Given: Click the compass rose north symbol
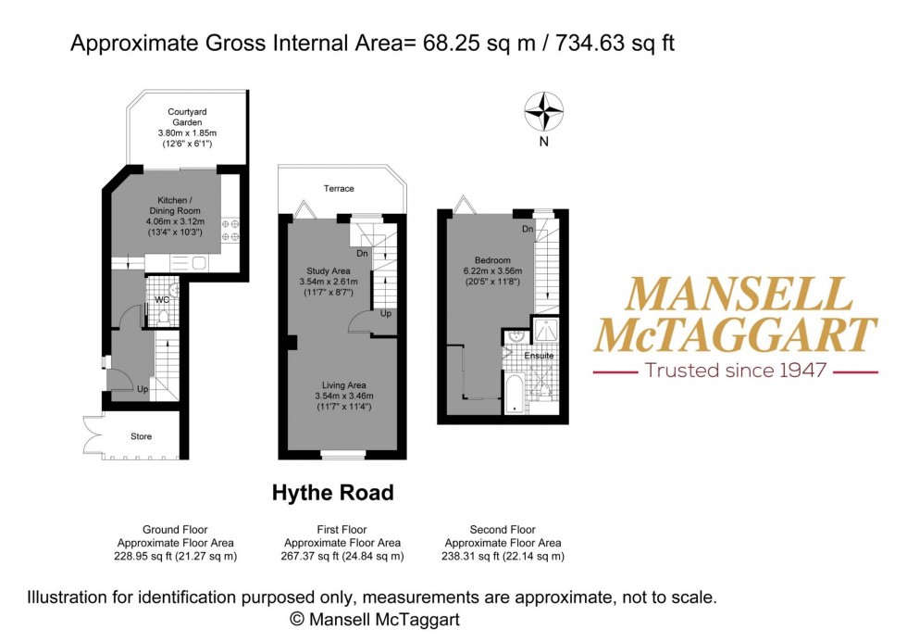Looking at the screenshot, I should tap(544, 112).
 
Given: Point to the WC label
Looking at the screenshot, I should tap(162, 299).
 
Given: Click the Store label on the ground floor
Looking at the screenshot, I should tap(140, 436).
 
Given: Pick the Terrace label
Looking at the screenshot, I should tap(338, 189).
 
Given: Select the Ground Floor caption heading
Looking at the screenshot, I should tap(176, 530).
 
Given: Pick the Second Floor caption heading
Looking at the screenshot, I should tap(503, 530).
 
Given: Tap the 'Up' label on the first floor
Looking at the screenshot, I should tap(385, 314).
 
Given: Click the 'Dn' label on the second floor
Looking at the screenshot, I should tap(527, 229).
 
